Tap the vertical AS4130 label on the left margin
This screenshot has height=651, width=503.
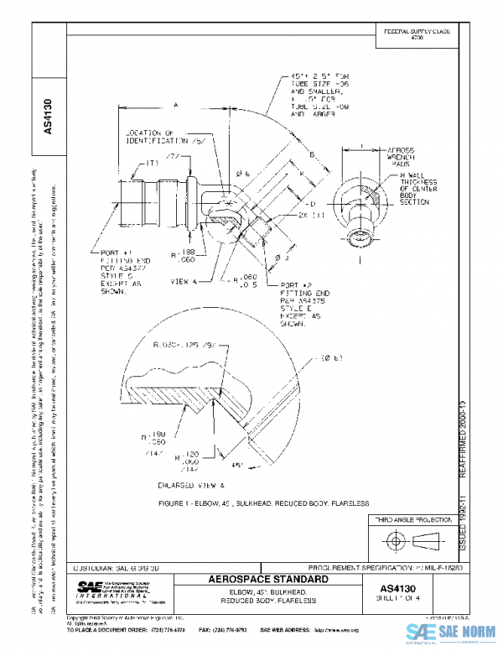coord(48,117)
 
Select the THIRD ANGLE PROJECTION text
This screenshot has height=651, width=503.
coord(414,521)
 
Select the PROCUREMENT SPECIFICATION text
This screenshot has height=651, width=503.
coord(379,568)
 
